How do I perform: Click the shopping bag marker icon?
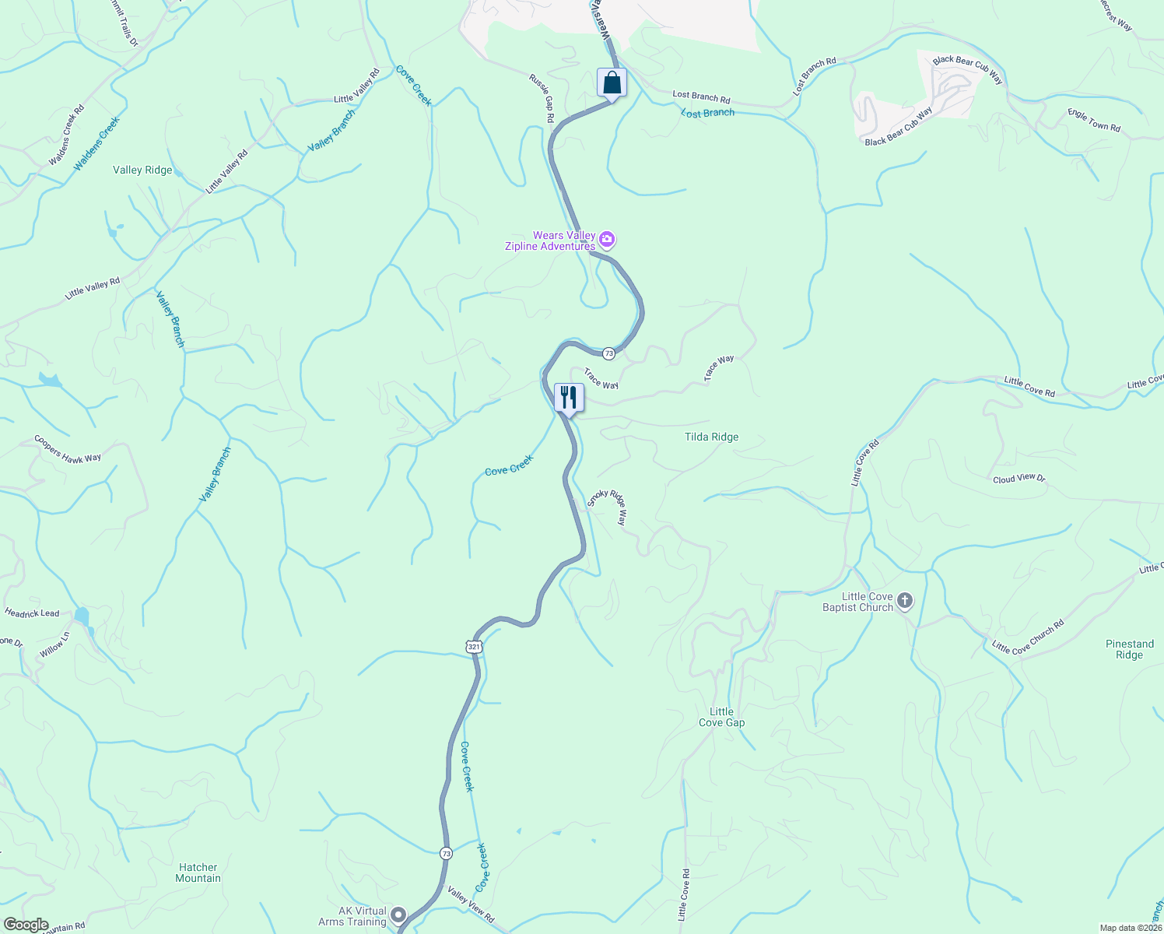click(x=612, y=83)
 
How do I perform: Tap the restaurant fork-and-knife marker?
click(x=569, y=398)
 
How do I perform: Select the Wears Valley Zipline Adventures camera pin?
click(x=607, y=240)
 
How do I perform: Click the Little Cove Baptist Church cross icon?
click(x=904, y=600)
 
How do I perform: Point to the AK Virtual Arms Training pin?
click(x=398, y=915)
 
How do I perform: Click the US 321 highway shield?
click(x=474, y=647)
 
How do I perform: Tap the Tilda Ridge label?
click(x=711, y=437)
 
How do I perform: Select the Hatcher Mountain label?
click(x=198, y=873)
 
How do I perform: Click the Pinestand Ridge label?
click(x=1129, y=649)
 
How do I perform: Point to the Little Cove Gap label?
click(x=721, y=717)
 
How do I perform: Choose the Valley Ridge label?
click(x=142, y=170)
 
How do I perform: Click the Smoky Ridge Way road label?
click(x=607, y=507)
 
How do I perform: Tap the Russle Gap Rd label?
click(x=542, y=99)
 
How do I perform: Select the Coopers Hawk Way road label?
click(x=68, y=449)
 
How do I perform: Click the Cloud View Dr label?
click(x=1018, y=479)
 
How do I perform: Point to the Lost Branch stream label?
click(x=707, y=113)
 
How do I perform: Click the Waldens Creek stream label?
click(x=97, y=144)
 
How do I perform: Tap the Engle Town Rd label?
click(x=1094, y=121)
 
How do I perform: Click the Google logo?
click(x=25, y=925)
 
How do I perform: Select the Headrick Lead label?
click(x=32, y=613)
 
